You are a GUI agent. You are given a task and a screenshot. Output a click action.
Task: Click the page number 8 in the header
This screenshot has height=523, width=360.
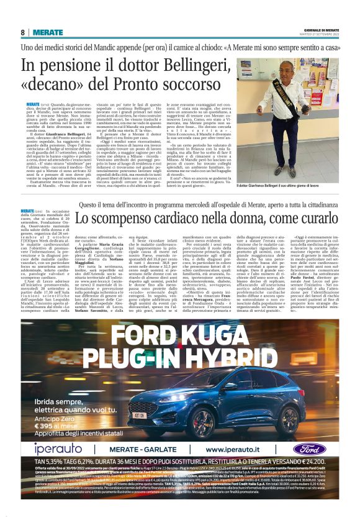pyautogui.click(x=23, y=32)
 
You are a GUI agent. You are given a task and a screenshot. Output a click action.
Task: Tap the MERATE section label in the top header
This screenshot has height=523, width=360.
pyautogui.click(x=48, y=32)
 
